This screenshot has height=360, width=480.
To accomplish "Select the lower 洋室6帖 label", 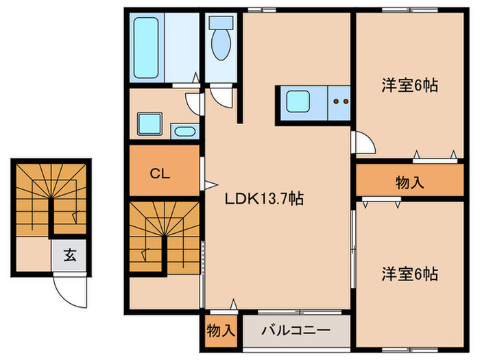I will tap(410, 274).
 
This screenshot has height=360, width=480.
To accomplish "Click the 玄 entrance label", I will tap(70, 257).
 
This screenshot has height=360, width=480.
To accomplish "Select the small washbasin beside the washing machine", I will tap(183, 131).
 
